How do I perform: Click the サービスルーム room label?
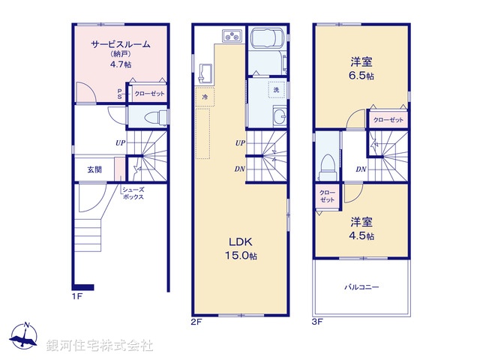tap(120, 44)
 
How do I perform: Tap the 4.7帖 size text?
tap(120, 65)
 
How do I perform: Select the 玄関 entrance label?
tap(94, 169)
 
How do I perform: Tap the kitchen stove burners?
tap(231, 36)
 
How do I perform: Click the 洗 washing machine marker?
tap(275, 89)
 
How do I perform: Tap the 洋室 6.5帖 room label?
tap(361, 67)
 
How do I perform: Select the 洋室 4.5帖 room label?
tap(361, 229)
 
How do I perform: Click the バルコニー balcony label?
tap(362, 287)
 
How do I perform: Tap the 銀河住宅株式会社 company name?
tap(99, 346)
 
